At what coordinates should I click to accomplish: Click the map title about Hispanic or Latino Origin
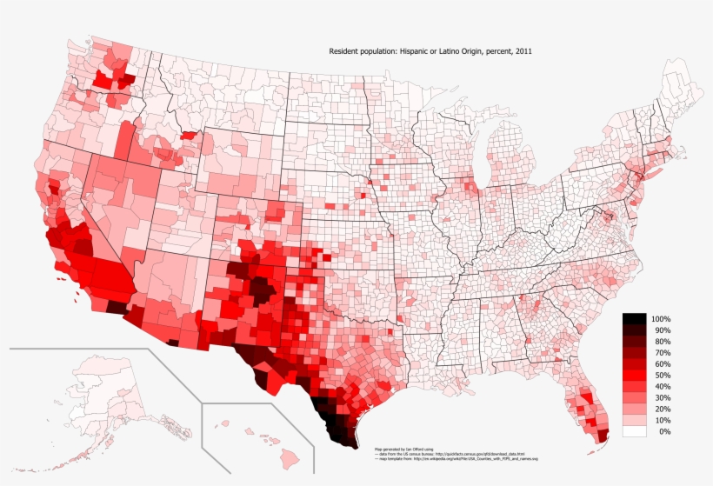point(430,52)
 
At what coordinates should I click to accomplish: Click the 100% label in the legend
point(661,319)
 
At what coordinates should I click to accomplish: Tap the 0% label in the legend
point(665,431)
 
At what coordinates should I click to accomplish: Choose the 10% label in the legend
point(663,420)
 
